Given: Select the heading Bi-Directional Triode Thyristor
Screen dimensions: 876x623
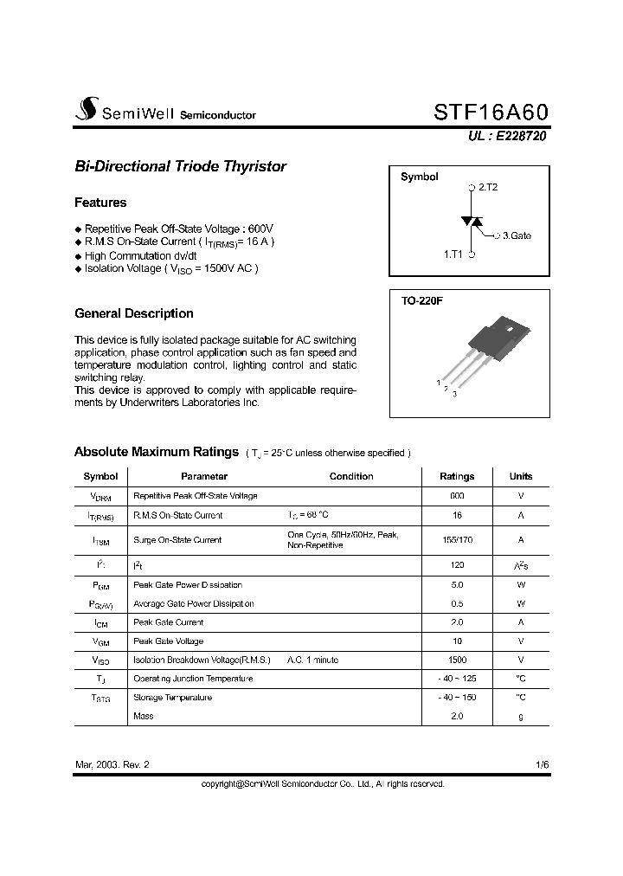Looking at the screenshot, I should click(180, 166).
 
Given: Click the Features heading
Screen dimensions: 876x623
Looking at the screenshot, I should click(100, 203).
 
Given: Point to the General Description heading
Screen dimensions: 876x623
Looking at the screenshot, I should click(134, 313).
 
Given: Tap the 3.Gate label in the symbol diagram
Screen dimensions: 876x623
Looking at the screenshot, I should click(517, 235).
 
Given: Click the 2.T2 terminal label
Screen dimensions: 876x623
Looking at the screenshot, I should click(488, 187).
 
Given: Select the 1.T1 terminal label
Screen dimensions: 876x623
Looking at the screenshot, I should click(454, 254).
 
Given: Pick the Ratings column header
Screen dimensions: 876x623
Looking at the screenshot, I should click(457, 476).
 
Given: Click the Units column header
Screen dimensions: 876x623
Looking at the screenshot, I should click(521, 476).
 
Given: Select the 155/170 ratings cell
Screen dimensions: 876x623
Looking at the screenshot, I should click(457, 539).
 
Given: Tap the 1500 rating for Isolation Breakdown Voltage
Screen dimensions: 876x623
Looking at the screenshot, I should click(457, 660).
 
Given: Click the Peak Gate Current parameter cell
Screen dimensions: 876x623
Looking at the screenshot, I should click(169, 622).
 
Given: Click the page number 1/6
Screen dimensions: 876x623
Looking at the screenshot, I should click(542, 765).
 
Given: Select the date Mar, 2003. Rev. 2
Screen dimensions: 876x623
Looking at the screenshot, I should click(112, 765).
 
